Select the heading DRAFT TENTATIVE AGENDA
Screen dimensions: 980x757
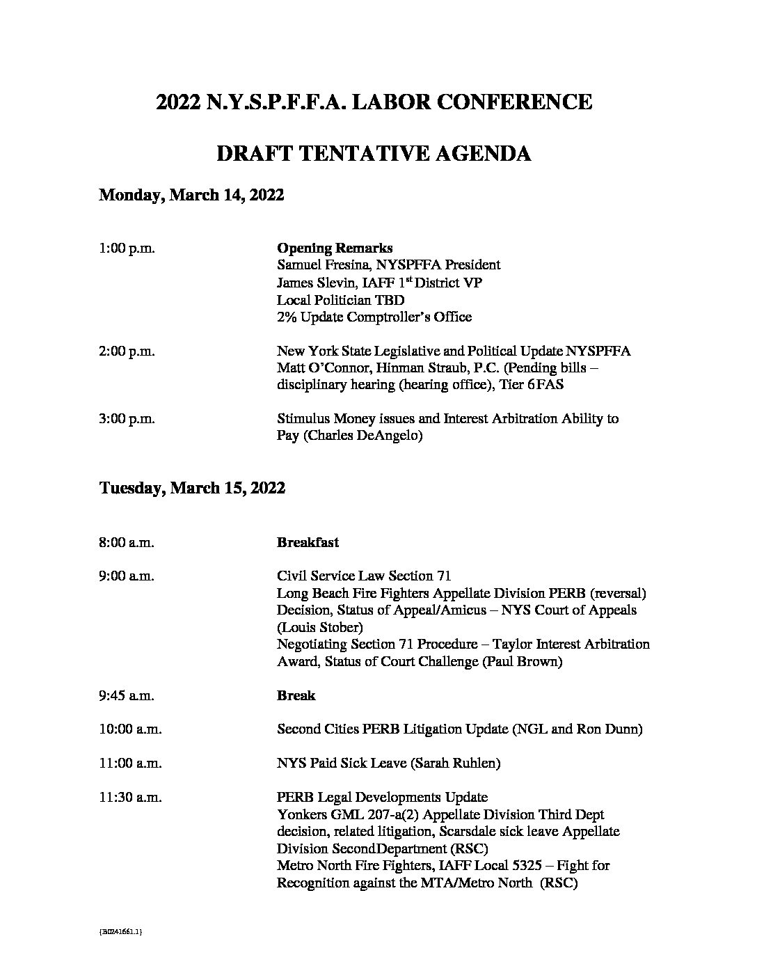coord(374,153)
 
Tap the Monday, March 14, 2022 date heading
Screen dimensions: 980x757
coord(191,195)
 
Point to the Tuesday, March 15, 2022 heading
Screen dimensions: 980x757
coord(192,488)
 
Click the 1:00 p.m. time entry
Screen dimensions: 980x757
coord(127,248)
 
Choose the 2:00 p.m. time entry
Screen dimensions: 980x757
coord(127,351)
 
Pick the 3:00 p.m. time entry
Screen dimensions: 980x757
coord(127,419)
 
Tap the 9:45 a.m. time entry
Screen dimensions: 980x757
coord(127,695)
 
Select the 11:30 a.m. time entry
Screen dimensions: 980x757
coord(130,798)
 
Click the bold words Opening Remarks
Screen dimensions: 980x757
coord(335,248)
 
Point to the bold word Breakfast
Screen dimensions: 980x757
coord(308,542)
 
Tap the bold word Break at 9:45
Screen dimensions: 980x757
coord(296,695)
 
